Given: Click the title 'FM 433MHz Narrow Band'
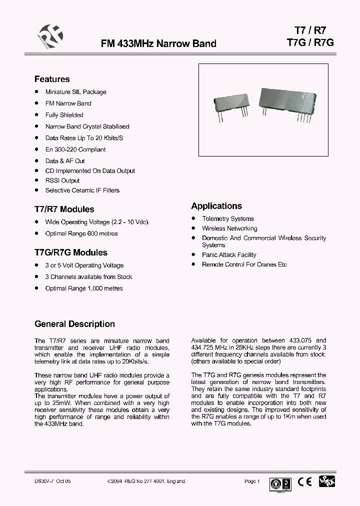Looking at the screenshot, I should pos(158,43).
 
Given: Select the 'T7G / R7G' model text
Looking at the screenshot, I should pos(310,42).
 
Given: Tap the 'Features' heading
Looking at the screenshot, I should pos(52,79).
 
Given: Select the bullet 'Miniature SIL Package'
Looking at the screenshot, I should pos(75,92).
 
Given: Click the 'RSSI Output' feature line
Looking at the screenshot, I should pos(62,180).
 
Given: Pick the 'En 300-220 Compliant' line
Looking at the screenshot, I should pos(75,149).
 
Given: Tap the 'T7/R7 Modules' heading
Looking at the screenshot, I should pos(64,209).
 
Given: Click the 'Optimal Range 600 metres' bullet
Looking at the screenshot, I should pos(81,233).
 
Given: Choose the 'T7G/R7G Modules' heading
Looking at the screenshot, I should pos(70,252).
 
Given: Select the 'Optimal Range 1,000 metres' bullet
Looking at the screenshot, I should pos(83,288).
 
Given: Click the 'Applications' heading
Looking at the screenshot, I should pos(216,206).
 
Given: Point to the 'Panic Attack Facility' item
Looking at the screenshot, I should pos(229,255).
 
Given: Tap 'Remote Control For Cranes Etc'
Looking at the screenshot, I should pos(244,264).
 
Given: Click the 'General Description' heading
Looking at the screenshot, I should pos(74,324).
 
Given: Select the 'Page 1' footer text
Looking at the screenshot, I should pos(252,481).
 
